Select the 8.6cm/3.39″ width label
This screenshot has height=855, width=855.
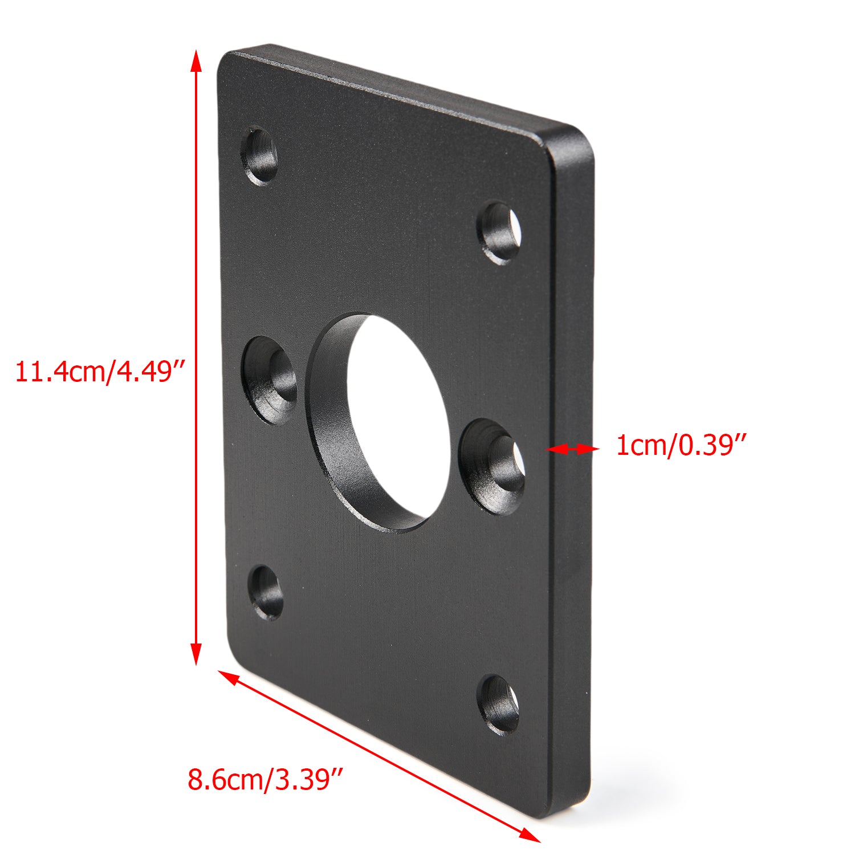(x=266, y=779)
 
